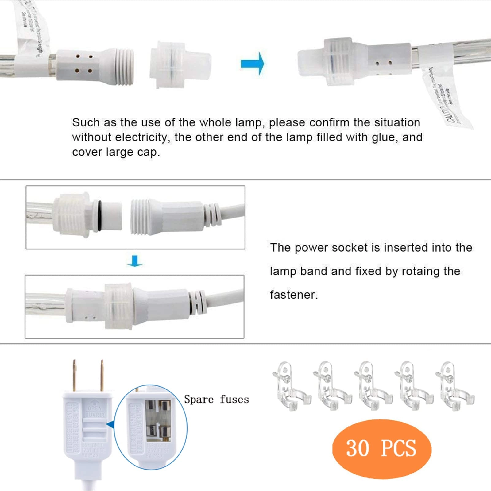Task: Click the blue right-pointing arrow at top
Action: [x=252, y=64]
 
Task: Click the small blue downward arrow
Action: [x=135, y=261]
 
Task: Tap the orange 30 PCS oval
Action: [x=381, y=448]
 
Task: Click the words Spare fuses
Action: [x=216, y=399]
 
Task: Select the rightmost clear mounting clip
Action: [x=454, y=386]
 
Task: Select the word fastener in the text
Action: [x=293, y=295]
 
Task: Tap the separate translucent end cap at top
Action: [x=180, y=65]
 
